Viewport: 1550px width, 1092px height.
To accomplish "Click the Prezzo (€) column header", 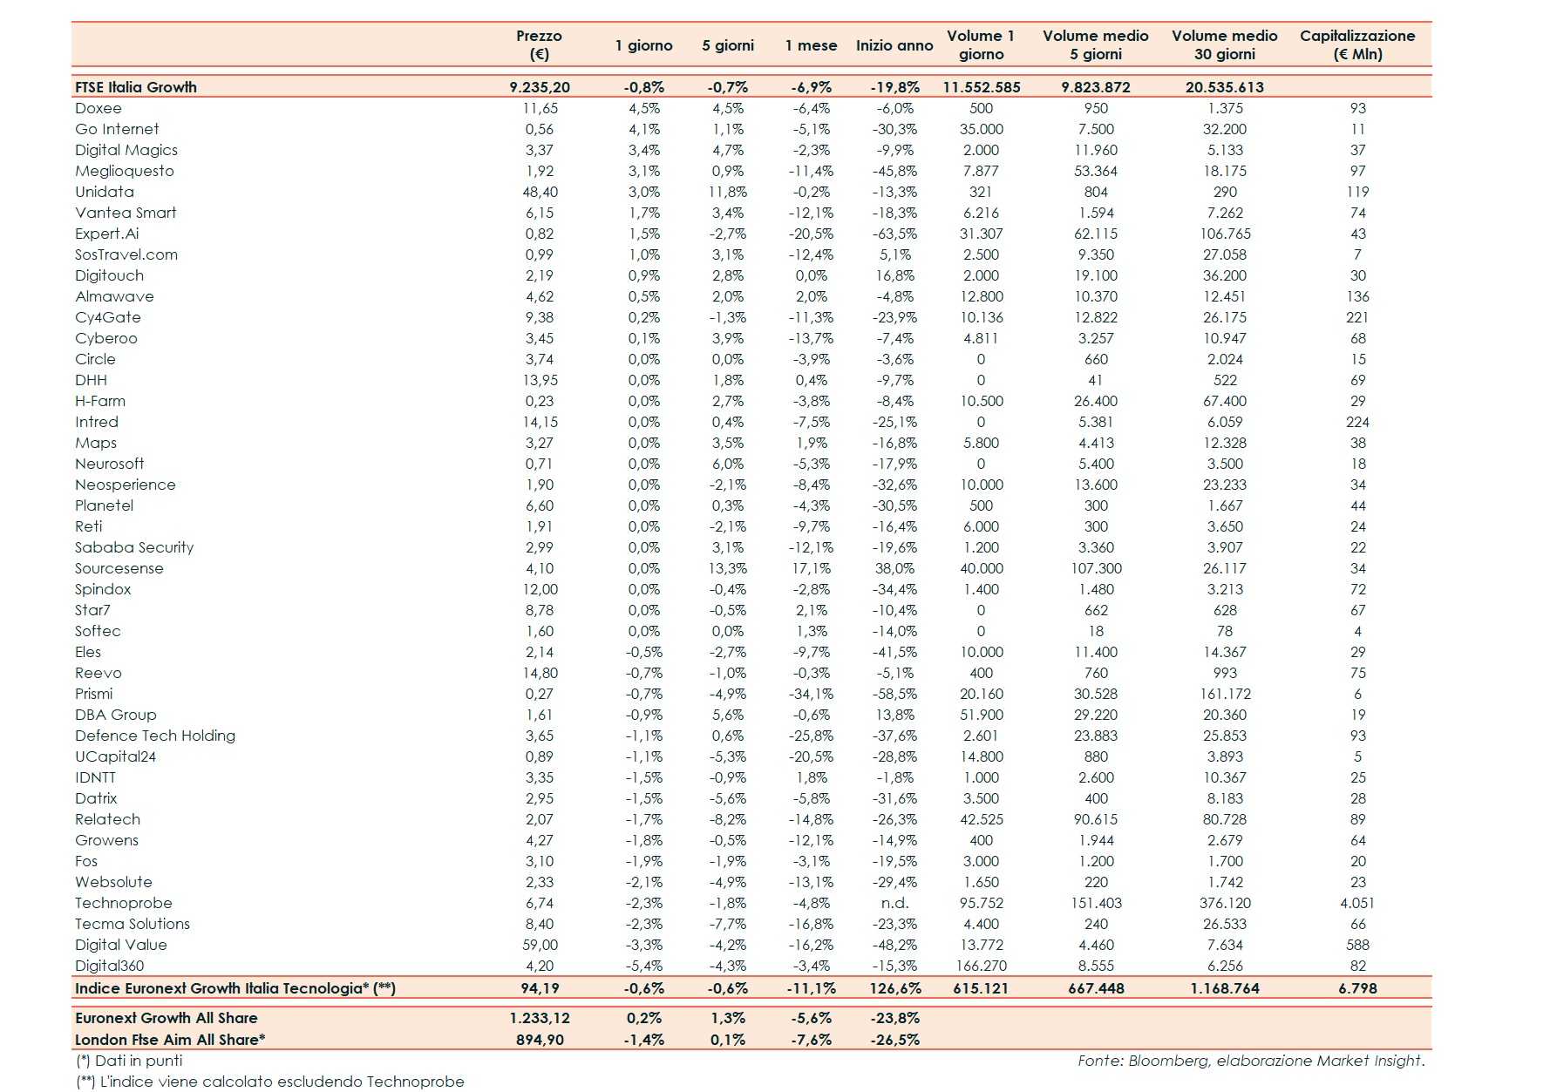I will pos(539,44).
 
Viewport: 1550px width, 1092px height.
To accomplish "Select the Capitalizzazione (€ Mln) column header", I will pos(1356,44).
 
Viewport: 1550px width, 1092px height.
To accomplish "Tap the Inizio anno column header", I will pos(894,45).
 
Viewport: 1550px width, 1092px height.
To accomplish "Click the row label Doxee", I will pos(99,108).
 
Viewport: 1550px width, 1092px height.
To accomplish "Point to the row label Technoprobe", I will pos(124,903).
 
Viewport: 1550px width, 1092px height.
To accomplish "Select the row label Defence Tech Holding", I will pos(155,736).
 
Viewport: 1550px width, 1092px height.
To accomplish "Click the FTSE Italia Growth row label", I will pos(136,87).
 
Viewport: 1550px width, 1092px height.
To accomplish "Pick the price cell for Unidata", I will pos(540,192).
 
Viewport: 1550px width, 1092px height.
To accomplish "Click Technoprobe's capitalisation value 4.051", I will pos(1356,903).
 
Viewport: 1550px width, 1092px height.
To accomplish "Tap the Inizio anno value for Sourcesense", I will pos(894,568).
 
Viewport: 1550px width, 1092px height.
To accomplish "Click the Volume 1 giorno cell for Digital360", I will pos(981,966).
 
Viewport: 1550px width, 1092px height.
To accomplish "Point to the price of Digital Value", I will pos(540,945).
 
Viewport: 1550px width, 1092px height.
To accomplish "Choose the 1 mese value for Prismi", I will pos(811,694).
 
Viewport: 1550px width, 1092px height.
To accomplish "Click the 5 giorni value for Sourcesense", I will pos(727,568).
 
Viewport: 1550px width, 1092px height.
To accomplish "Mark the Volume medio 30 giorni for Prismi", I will pos(1224,694).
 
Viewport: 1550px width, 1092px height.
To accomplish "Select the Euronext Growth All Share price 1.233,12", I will pos(540,1018).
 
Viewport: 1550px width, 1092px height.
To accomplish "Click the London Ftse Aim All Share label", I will pos(170,1040).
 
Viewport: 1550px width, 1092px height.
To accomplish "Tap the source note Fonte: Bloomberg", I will pos(1250,1061).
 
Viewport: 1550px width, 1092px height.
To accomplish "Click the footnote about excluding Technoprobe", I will pos(270,1082).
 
